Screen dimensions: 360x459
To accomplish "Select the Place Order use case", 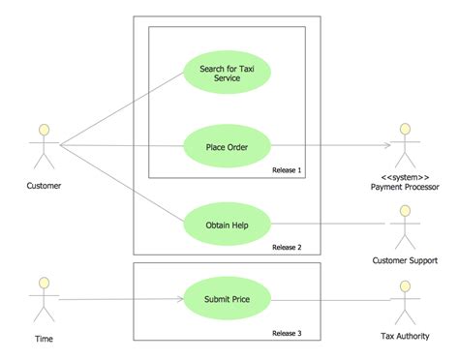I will pyautogui.click(x=228, y=147).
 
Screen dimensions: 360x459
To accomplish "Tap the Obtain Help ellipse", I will pyautogui.click(x=228, y=225).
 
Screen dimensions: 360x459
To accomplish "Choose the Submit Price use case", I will pyautogui.click(x=228, y=299).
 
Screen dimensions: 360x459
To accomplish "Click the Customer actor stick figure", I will pyautogui.click(x=42, y=146).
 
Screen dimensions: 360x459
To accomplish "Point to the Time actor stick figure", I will pyautogui.click(x=42, y=300).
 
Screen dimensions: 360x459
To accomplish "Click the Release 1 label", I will pyautogui.click(x=287, y=170).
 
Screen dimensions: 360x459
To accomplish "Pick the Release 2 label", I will pyautogui.click(x=287, y=247).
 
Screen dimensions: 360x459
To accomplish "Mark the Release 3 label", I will pyautogui.click(x=287, y=333).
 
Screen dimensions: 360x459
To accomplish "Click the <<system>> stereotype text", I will pyautogui.click(x=406, y=177).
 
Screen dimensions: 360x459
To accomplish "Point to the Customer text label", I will pyautogui.click(x=44, y=185).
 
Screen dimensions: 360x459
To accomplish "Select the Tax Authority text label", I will pyautogui.click(x=406, y=338).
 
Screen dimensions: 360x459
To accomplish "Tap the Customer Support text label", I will pyautogui.click(x=406, y=260).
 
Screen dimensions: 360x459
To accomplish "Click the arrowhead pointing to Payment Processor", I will pyautogui.click(x=386, y=147).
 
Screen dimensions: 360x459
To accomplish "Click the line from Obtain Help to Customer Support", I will pyautogui.click(x=329, y=225).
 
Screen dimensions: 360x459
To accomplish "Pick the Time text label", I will pyautogui.click(x=43, y=339).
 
